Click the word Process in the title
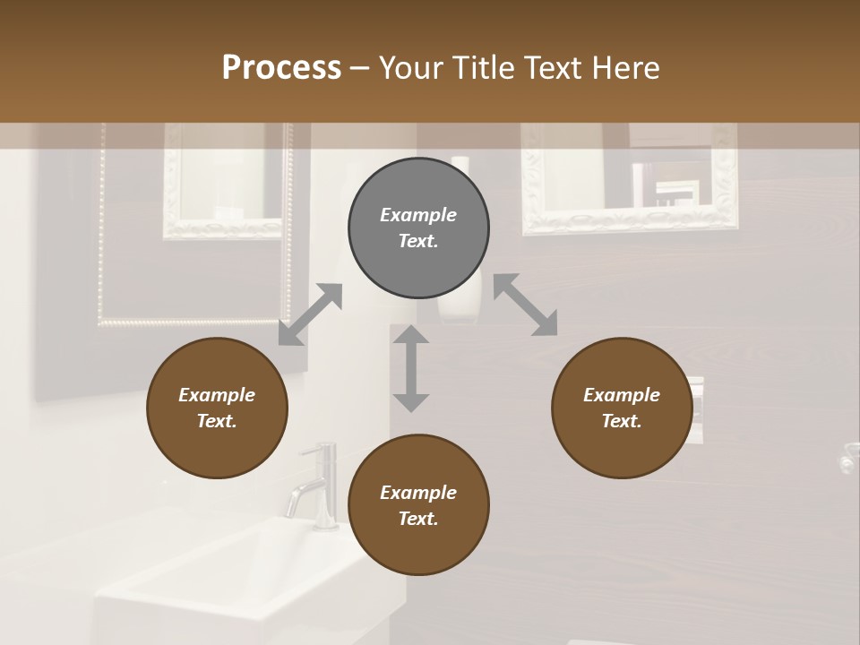[x=281, y=68]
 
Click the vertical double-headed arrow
[x=411, y=368]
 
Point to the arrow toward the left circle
[x=310, y=314]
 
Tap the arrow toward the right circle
[x=526, y=305]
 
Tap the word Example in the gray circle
[x=418, y=215]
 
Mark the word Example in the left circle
[x=217, y=395]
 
